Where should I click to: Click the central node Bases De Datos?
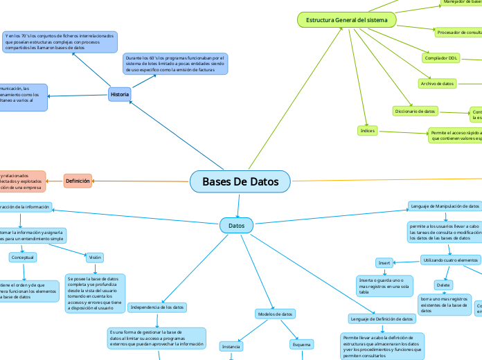(x=240, y=181)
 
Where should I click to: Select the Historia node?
(x=119, y=94)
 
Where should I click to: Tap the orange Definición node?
(x=78, y=181)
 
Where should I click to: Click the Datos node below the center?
(x=236, y=225)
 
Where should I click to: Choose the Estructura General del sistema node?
(x=347, y=21)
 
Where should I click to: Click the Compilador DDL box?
(x=440, y=58)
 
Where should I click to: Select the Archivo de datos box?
(x=437, y=83)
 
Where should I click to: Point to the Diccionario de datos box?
(x=416, y=111)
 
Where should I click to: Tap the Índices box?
(x=367, y=130)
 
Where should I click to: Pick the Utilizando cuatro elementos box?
(x=450, y=260)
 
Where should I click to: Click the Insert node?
(x=384, y=263)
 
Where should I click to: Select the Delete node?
(x=443, y=285)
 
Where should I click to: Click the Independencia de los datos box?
(x=157, y=307)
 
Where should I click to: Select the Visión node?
(x=95, y=257)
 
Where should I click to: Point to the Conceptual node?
(x=23, y=257)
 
